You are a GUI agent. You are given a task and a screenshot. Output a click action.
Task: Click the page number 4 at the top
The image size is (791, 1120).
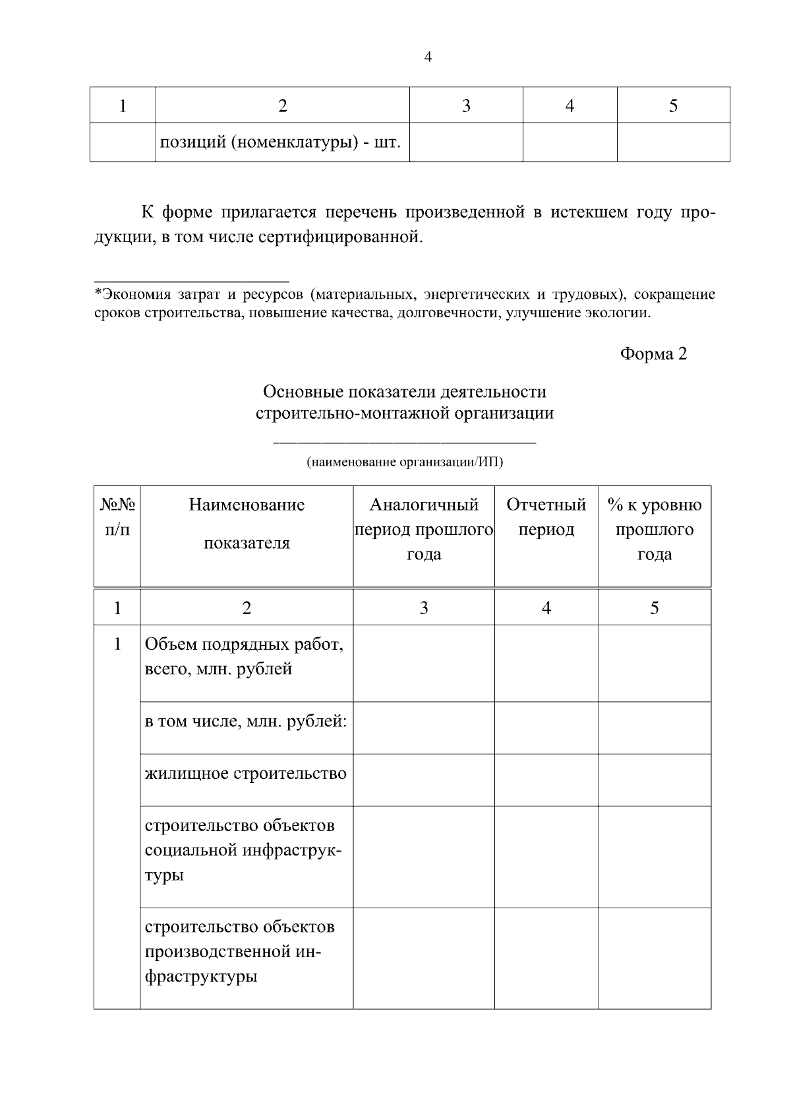pyautogui.click(x=428, y=57)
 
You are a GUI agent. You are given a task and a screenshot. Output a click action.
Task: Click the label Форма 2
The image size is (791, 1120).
pyautogui.click(x=653, y=354)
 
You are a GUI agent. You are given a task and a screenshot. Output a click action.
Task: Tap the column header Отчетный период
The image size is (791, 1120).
pyautogui.click(x=546, y=517)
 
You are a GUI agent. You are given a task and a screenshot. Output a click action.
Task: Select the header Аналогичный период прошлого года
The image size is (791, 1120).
pyautogui.click(x=424, y=530)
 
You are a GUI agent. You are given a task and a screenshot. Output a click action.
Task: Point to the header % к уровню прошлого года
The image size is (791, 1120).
pyautogui.click(x=655, y=530)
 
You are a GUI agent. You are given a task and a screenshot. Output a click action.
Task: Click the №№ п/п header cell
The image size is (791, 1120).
pyautogui.click(x=117, y=517)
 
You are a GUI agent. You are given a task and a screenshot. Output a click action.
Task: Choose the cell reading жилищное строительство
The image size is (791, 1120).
pyautogui.click(x=246, y=773)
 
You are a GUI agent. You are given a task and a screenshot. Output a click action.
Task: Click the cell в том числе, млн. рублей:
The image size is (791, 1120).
pyautogui.click(x=246, y=721)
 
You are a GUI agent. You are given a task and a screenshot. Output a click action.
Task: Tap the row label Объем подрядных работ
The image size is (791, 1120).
pyautogui.click(x=244, y=656)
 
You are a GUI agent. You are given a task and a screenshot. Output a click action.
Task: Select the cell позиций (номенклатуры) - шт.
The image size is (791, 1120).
pyautogui.click(x=280, y=142)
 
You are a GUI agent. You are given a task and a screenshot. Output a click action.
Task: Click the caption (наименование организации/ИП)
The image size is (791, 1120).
pyautogui.click(x=404, y=462)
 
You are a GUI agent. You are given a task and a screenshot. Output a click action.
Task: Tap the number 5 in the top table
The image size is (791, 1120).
pyautogui.click(x=673, y=106)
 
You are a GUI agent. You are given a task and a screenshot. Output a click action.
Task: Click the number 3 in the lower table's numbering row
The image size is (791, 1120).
pyautogui.click(x=424, y=608)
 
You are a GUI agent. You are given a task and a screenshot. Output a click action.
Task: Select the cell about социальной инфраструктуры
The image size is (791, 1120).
pyautogui.click(x=243, y=850)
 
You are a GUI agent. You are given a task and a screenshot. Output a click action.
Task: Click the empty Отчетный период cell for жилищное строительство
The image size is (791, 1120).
pyautogui.click(x=546, y=780)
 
